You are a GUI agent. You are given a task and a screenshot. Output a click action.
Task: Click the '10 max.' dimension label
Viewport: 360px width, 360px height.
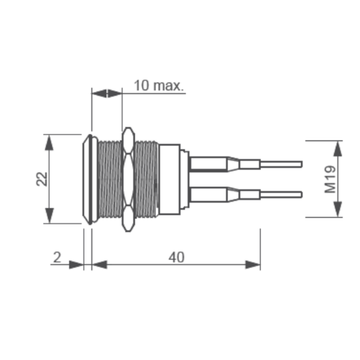pyautogui.click(x=158, y=85)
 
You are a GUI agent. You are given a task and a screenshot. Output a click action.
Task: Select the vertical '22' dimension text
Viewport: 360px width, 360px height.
pyautogui.click(x=41, y=178)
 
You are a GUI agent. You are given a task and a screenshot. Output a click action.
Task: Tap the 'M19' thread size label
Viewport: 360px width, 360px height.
pyautogui.click(x=329, y=179)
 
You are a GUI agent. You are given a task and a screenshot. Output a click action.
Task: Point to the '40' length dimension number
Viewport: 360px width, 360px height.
pyautogui.click(x=176, y=257)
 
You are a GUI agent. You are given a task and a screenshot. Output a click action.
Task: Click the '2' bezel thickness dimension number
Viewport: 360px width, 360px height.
pyautogui.click(x=57, y=257)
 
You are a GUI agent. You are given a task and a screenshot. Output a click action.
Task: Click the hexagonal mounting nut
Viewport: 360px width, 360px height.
pyautogui.click(x=127, y=179)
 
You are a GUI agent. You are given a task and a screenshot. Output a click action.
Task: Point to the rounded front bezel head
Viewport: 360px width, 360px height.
pyautogui.click(x=88, y=179)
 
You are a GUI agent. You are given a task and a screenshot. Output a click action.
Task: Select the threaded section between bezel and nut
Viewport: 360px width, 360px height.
pyautogui.click(x=109, y=179)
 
